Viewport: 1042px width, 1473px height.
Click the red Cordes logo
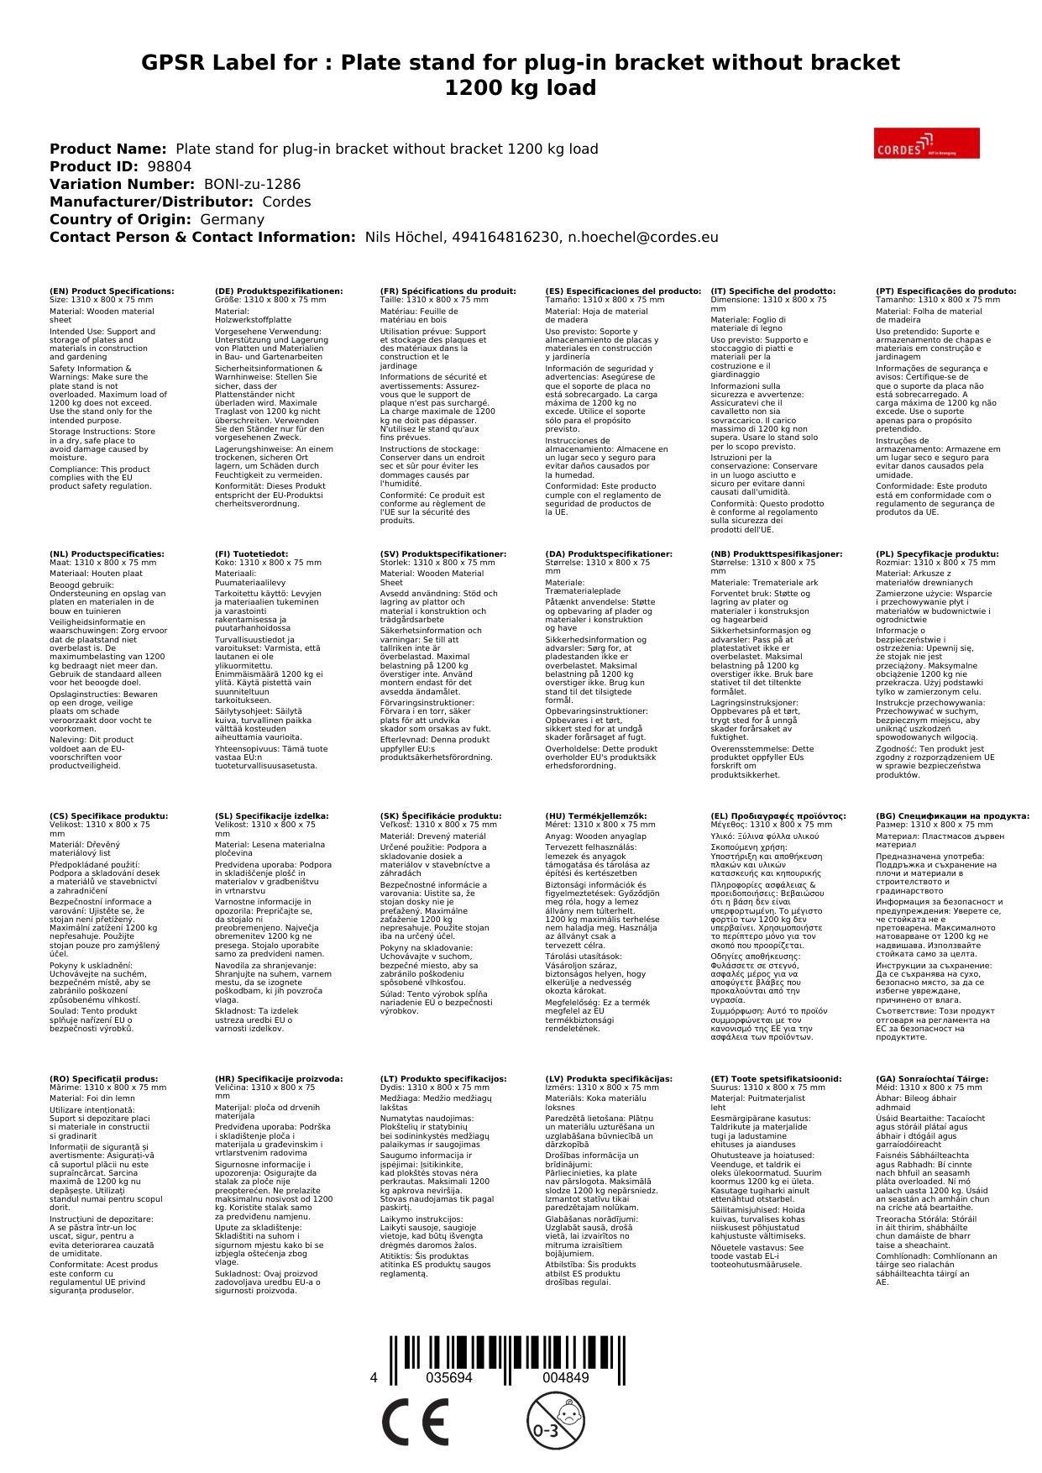[926, 143]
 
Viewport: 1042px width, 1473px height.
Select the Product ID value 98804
[169, 166]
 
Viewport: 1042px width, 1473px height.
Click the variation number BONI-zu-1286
[252, 184]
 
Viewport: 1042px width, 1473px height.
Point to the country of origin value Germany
[232, 219]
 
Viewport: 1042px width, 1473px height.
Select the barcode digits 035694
[448, 1378]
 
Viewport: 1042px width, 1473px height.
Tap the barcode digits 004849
[565, 1378]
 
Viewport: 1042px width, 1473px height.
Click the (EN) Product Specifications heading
[112, 291]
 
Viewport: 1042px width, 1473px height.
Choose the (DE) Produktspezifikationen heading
[279, 291]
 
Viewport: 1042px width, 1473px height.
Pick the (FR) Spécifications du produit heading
[448, 291]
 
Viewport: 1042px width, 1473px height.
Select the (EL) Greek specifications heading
[778, 815]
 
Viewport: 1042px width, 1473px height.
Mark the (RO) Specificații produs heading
[103, 1078]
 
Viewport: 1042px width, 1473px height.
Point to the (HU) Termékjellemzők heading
[595, 815]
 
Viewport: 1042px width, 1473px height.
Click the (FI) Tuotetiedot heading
[251, 554]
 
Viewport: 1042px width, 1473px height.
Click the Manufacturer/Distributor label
[151, 202]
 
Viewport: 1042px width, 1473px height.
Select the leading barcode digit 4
[374, 1378]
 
